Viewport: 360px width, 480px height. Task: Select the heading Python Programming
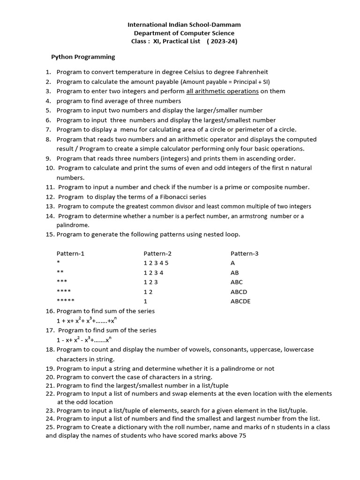(x=83, y=57)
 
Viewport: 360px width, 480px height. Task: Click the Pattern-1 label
(x=70, y=254)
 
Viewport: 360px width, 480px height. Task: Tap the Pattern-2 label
(x=157, y=254)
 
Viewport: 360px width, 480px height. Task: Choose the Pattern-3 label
(x=244, y=254)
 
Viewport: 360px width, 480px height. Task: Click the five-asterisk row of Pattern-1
(x=65, y=301)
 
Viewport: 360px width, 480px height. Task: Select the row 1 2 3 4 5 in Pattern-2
(x=156, y=263)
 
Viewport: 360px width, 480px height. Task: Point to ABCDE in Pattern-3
(x=240, y=301)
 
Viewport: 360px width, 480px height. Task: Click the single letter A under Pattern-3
(x=232, y=263)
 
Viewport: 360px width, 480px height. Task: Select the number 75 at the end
(x=242, y=436)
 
